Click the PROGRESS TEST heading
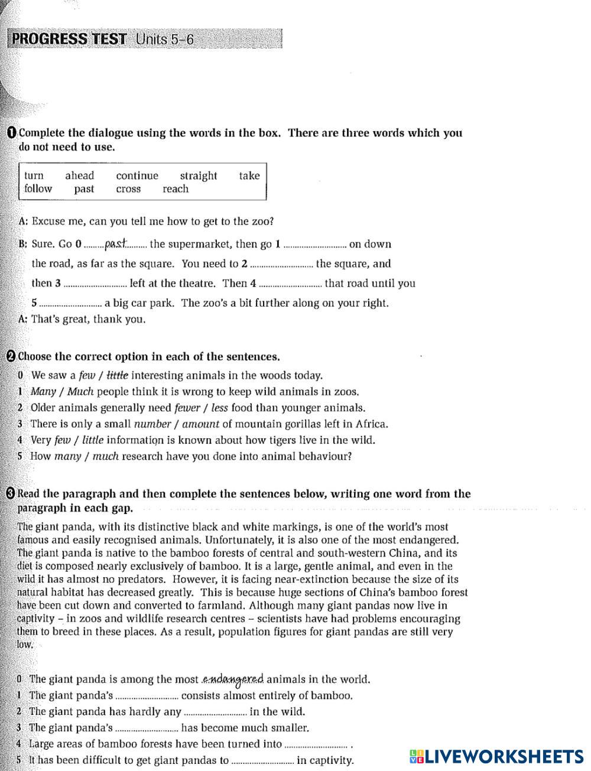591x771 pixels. click(x=69, y=40)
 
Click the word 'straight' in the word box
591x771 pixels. click(x=199, y=175)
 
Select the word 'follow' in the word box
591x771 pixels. click(x=38, y=189)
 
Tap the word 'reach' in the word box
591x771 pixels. click(x=176, y=189)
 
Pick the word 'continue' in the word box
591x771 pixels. click(x=137, y=175)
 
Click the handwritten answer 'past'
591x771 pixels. click(x=116, y=243)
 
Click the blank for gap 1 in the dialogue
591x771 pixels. click(x=314, y=245)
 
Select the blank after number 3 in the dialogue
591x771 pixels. click(x=95, y=284)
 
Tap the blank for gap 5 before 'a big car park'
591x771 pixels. click(x=70, y=304)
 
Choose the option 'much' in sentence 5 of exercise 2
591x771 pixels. click(x=106, y=456)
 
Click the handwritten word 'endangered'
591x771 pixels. click(x=233, y=679)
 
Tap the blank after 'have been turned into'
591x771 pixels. click(x=316, y=745)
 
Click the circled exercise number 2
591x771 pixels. click(x=11, y=356)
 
